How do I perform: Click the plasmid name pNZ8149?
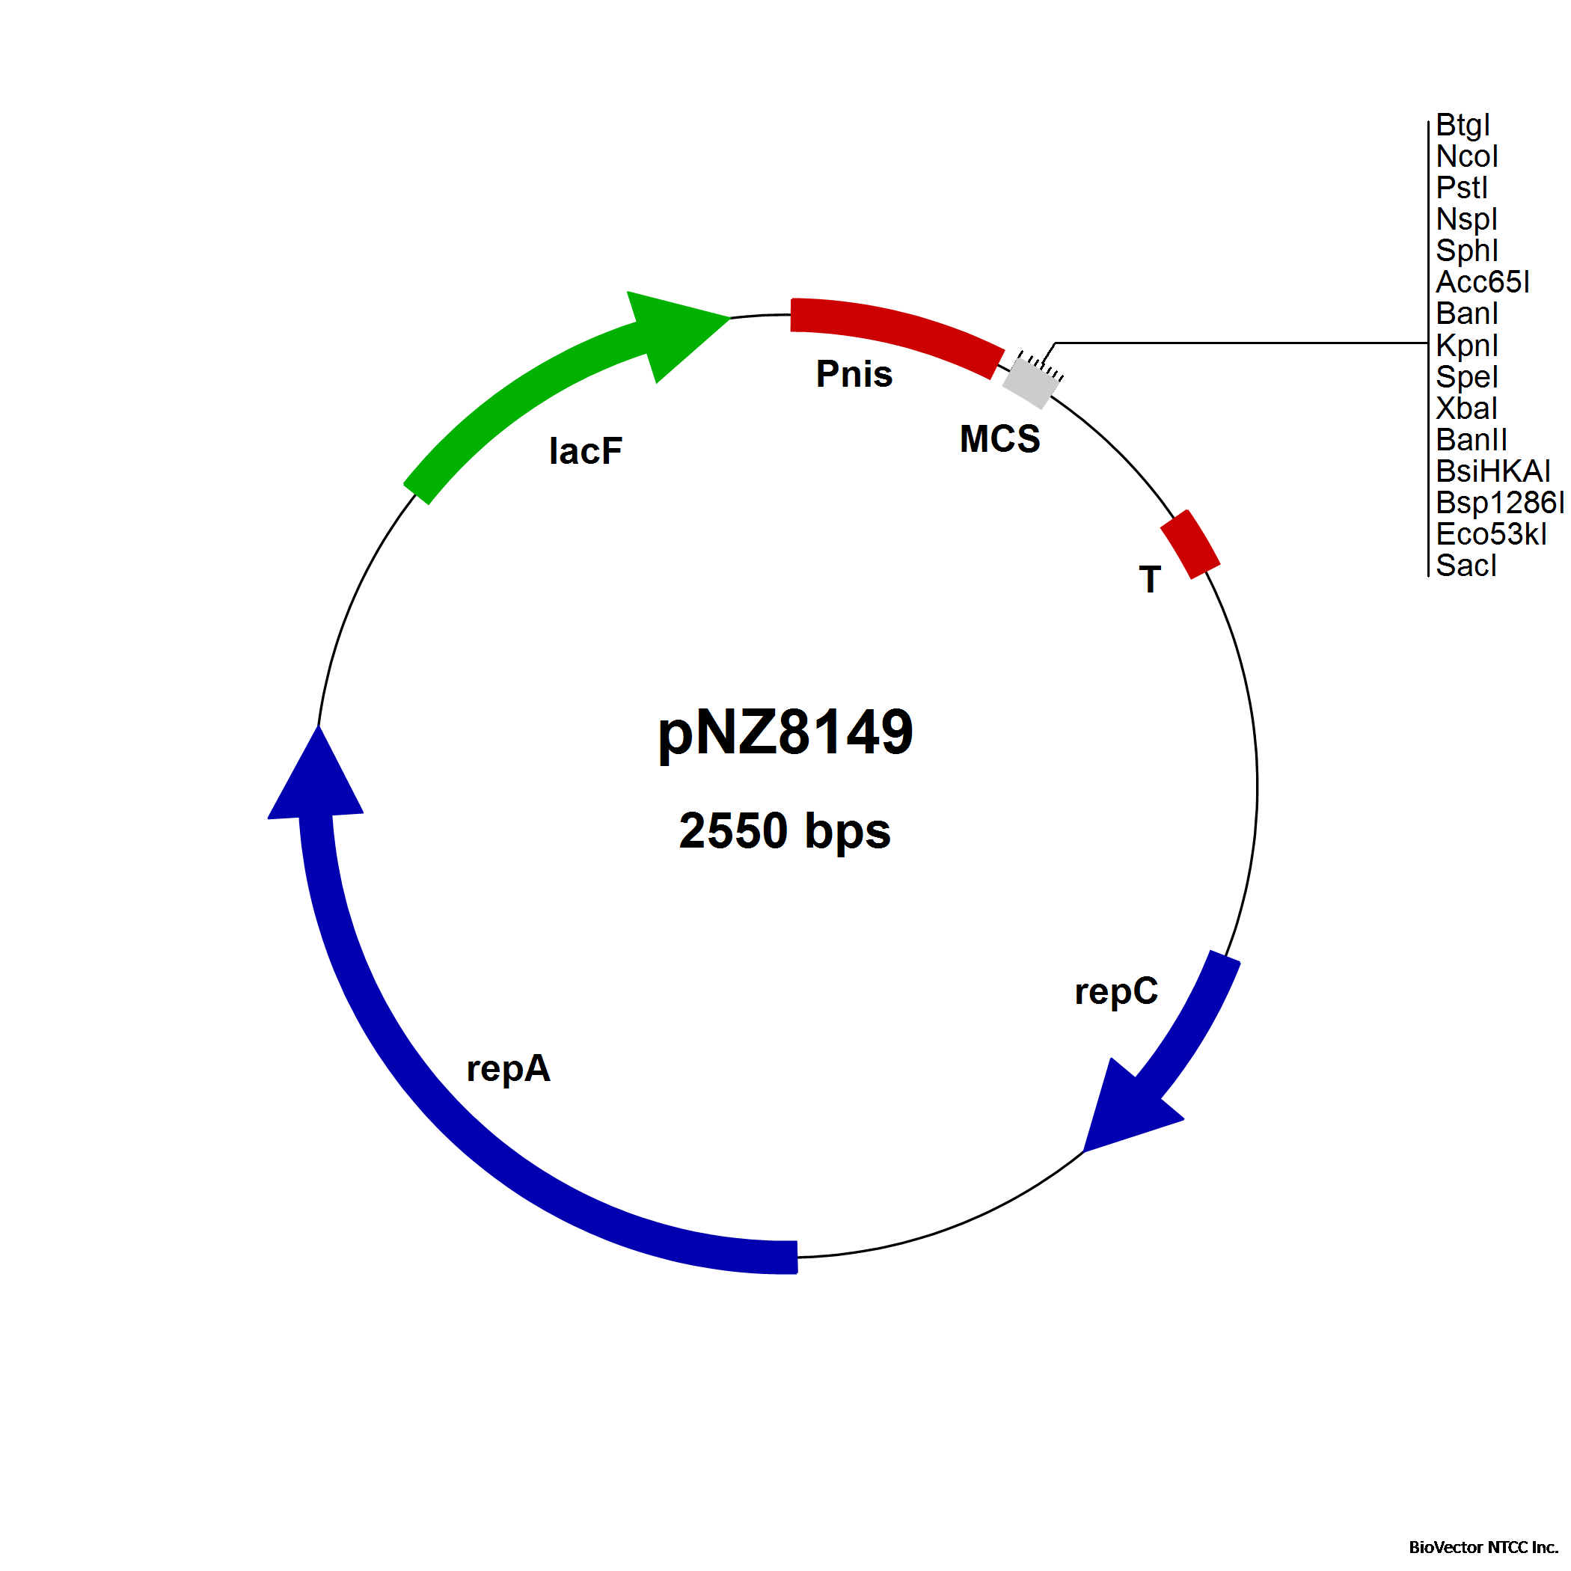coord(785,732)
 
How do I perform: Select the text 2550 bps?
coord(785,831)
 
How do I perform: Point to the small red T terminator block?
coord(1189,544)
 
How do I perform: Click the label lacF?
coord(586,451)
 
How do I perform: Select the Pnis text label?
coord(854,374)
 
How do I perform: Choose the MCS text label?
coord(999,439)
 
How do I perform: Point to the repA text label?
coord(508,1069)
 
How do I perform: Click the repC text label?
coord(1116,992)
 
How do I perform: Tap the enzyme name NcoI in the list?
coord(1467,156)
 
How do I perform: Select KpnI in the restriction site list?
coord(1467,346)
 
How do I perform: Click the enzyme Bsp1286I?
coord(1500,503)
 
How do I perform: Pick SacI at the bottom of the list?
coord(1466,565)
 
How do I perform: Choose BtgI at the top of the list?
coord(1463,125)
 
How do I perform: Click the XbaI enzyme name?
coord(1466,408)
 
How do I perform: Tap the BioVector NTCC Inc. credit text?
coord(1483,1547)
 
